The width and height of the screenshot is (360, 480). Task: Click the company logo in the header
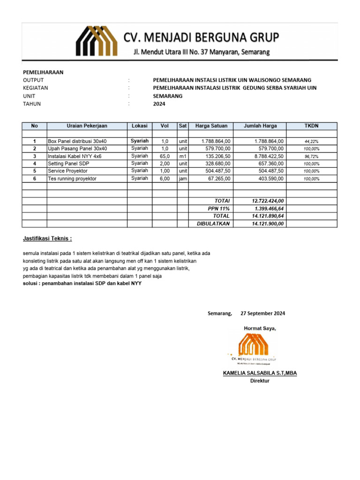coord(97,41)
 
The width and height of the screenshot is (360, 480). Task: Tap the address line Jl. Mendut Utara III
coord(201,52)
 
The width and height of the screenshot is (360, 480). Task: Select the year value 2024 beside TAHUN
coord(159,104)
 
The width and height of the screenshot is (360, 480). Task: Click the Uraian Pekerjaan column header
coord(87,126)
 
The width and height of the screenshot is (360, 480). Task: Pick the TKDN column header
coord(311,126)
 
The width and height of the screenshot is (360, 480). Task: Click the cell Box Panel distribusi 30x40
coord(77,141)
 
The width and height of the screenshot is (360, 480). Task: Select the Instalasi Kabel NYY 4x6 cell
coord(75,156)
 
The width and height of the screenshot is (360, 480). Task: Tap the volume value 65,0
coord(165,156)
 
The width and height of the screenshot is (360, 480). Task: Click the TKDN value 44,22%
coord(311,141)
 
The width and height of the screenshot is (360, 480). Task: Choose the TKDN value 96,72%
coord(311,156)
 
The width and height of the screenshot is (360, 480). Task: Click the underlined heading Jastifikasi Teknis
coord(48,239)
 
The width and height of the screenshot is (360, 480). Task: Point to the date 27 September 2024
coord(262,313)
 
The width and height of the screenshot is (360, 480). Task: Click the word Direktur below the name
coord(260,381)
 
